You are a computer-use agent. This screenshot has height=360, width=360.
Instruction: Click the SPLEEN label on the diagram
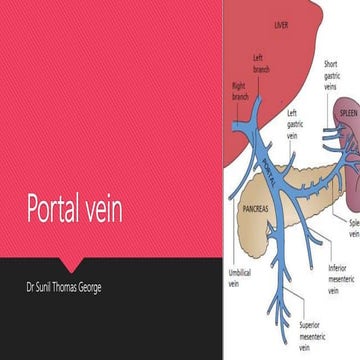click(x=347, y=112)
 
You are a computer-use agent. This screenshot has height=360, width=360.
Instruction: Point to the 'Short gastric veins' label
click(x=331, y=75)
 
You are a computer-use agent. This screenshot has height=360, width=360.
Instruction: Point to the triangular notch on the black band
click(x=70, y=261)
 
